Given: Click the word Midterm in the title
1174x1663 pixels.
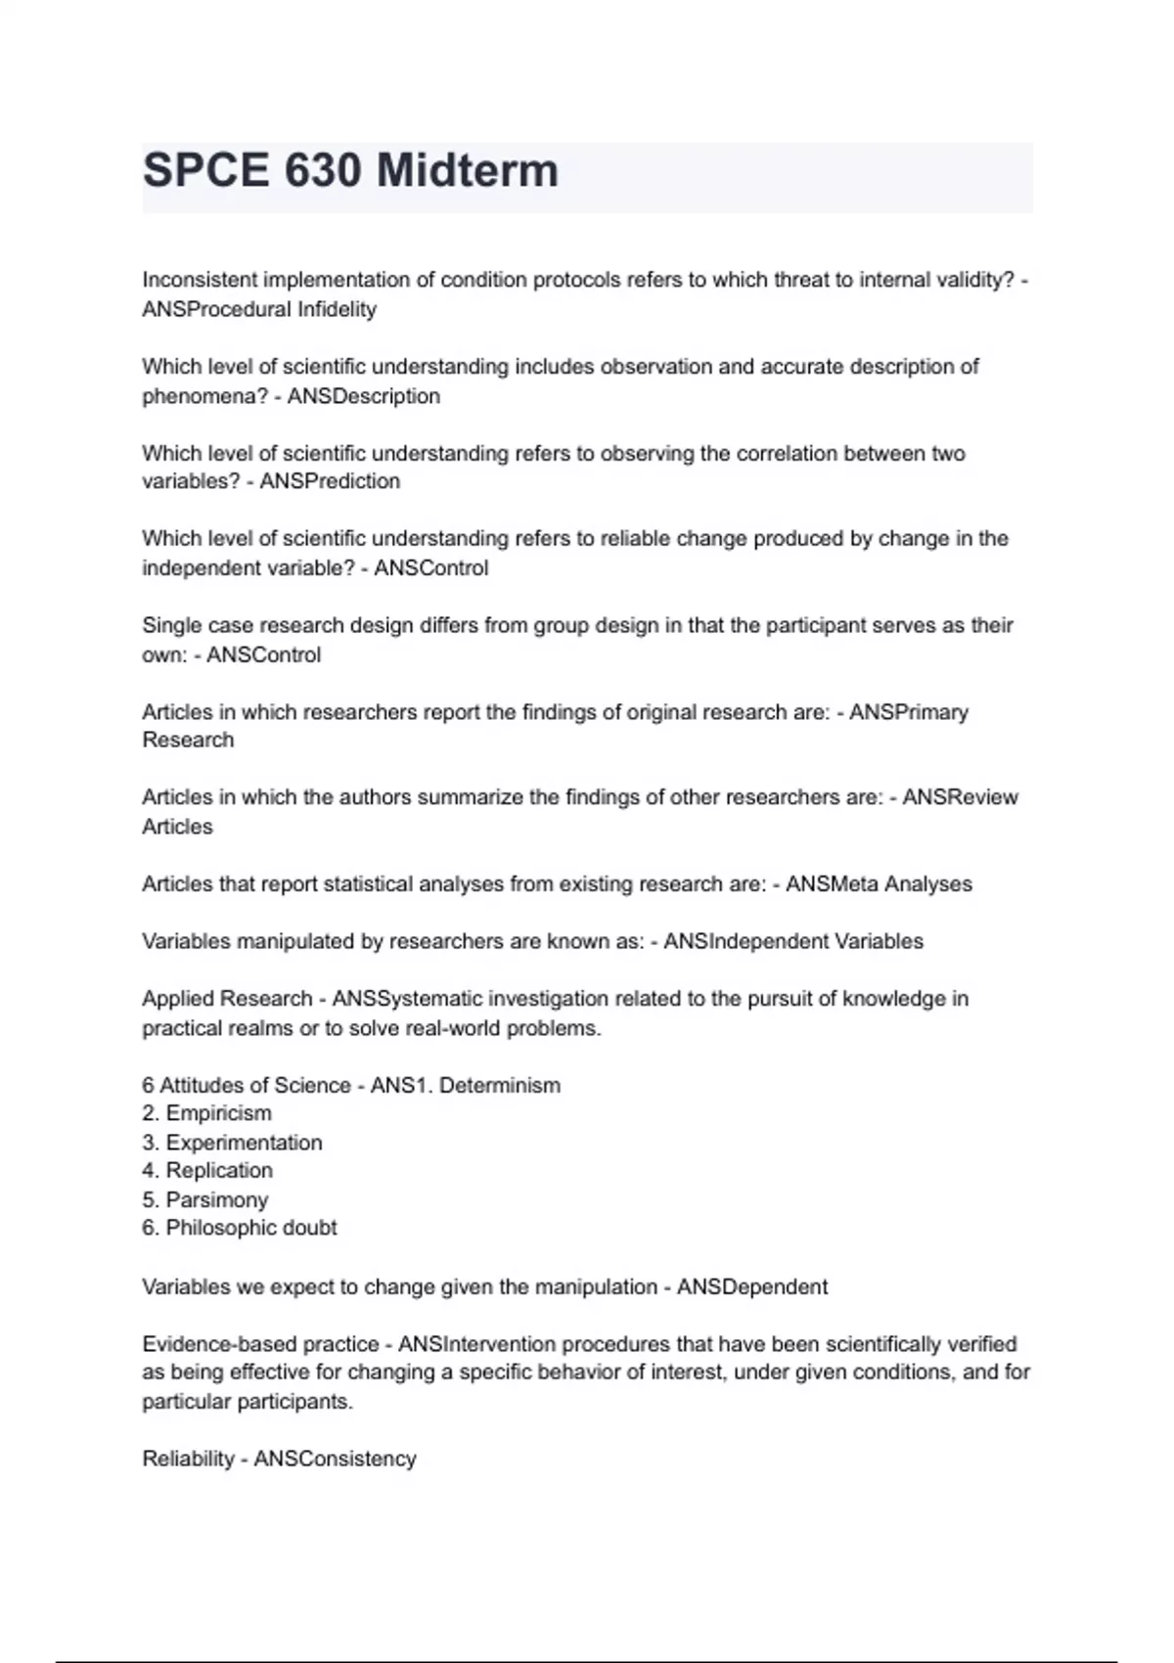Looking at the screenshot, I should coord(468,171).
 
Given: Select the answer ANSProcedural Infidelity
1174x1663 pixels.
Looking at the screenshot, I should coord(259,309).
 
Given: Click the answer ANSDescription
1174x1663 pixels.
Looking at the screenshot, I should coord(363,396).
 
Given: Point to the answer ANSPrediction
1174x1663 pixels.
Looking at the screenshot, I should coord(330,481).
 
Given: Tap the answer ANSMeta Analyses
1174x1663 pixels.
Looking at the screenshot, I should coord(879,884).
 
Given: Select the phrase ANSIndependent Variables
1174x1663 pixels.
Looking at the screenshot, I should coord(793,941).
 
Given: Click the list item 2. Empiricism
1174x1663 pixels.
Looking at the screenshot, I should coord(206,1113).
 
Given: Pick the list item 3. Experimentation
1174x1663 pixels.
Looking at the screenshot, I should coord(232,1143).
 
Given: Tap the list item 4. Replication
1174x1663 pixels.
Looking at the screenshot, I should coord(207,1171).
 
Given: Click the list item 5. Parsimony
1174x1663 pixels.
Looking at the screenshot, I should coord(204,1199).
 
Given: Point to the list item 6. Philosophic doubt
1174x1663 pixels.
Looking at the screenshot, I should coord(240,1228).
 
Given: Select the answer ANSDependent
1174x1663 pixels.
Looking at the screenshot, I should coord(752,1287).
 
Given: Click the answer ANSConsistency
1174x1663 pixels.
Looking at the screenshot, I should coord(335,1460).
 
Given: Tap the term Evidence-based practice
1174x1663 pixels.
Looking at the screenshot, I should coord(260,1344).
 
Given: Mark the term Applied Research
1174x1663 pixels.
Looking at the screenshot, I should coord(227,999).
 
